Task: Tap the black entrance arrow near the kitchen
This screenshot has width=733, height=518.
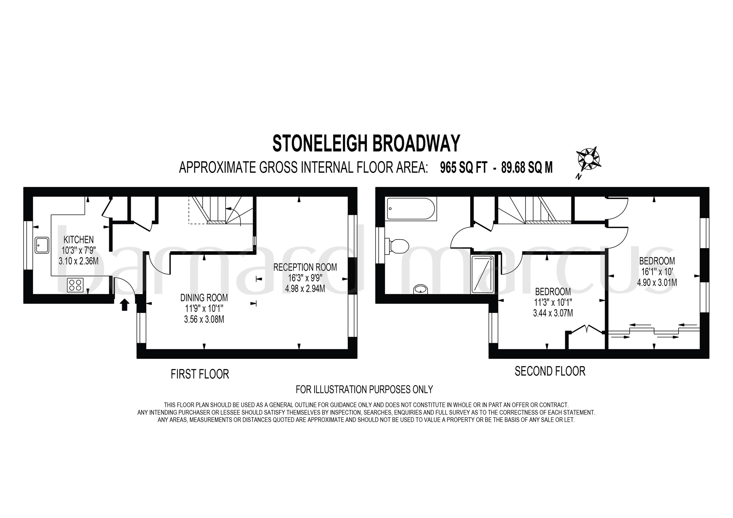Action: point(125,305)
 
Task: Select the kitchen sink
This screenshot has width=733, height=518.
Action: point(42,245)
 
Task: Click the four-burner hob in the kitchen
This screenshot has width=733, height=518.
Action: point(75,285)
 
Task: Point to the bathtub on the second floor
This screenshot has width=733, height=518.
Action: point(411,209)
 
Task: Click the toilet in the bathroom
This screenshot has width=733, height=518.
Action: point(398,246)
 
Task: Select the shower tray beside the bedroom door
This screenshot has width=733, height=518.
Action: point(482,274)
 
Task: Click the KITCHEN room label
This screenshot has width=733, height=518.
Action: point(78,239)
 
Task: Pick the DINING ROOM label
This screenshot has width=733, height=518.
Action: point(204,298)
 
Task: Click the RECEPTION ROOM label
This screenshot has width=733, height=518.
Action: point(305,267)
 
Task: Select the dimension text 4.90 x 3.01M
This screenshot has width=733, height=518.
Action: point(657,282)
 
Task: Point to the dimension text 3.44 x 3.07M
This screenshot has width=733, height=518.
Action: point(553,313)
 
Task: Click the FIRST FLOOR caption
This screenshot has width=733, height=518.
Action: point(200,374)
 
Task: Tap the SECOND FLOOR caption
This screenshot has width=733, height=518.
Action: point(550,371)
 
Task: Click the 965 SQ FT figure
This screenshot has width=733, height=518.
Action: point(464,167)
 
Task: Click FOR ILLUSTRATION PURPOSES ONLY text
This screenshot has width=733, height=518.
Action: point(364,390)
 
